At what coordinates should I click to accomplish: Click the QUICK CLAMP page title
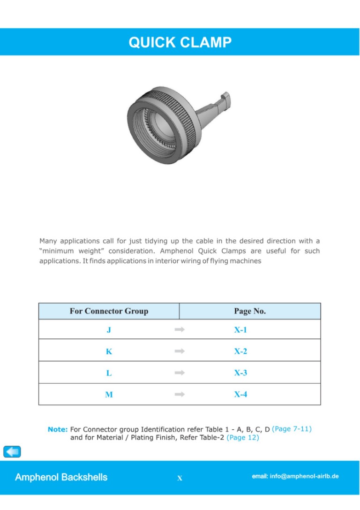point(180,43)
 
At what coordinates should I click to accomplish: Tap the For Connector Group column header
point(109,311)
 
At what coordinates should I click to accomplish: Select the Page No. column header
point(249,311)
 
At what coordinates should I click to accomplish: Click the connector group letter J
point(109,330)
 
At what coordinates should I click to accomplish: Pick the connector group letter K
point(109,351)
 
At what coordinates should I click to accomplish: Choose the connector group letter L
point(109,373)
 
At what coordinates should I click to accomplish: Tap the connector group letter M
point(109,395)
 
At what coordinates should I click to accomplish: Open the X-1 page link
point(240,330)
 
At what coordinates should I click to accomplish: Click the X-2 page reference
point(240,351)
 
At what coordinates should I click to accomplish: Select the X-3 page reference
point(240,373)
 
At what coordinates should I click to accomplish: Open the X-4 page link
point(240,395)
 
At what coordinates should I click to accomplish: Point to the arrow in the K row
point(180,351)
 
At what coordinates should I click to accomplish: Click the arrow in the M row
point(180,395)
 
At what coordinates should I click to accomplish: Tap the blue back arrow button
point(12,451)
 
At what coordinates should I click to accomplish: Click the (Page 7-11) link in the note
point(292,429)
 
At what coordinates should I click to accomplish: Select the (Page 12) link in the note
point(242,438)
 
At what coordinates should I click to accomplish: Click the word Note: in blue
point(58,429)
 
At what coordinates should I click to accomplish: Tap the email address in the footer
point(295,476)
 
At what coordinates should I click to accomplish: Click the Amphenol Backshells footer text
point(61,477)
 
